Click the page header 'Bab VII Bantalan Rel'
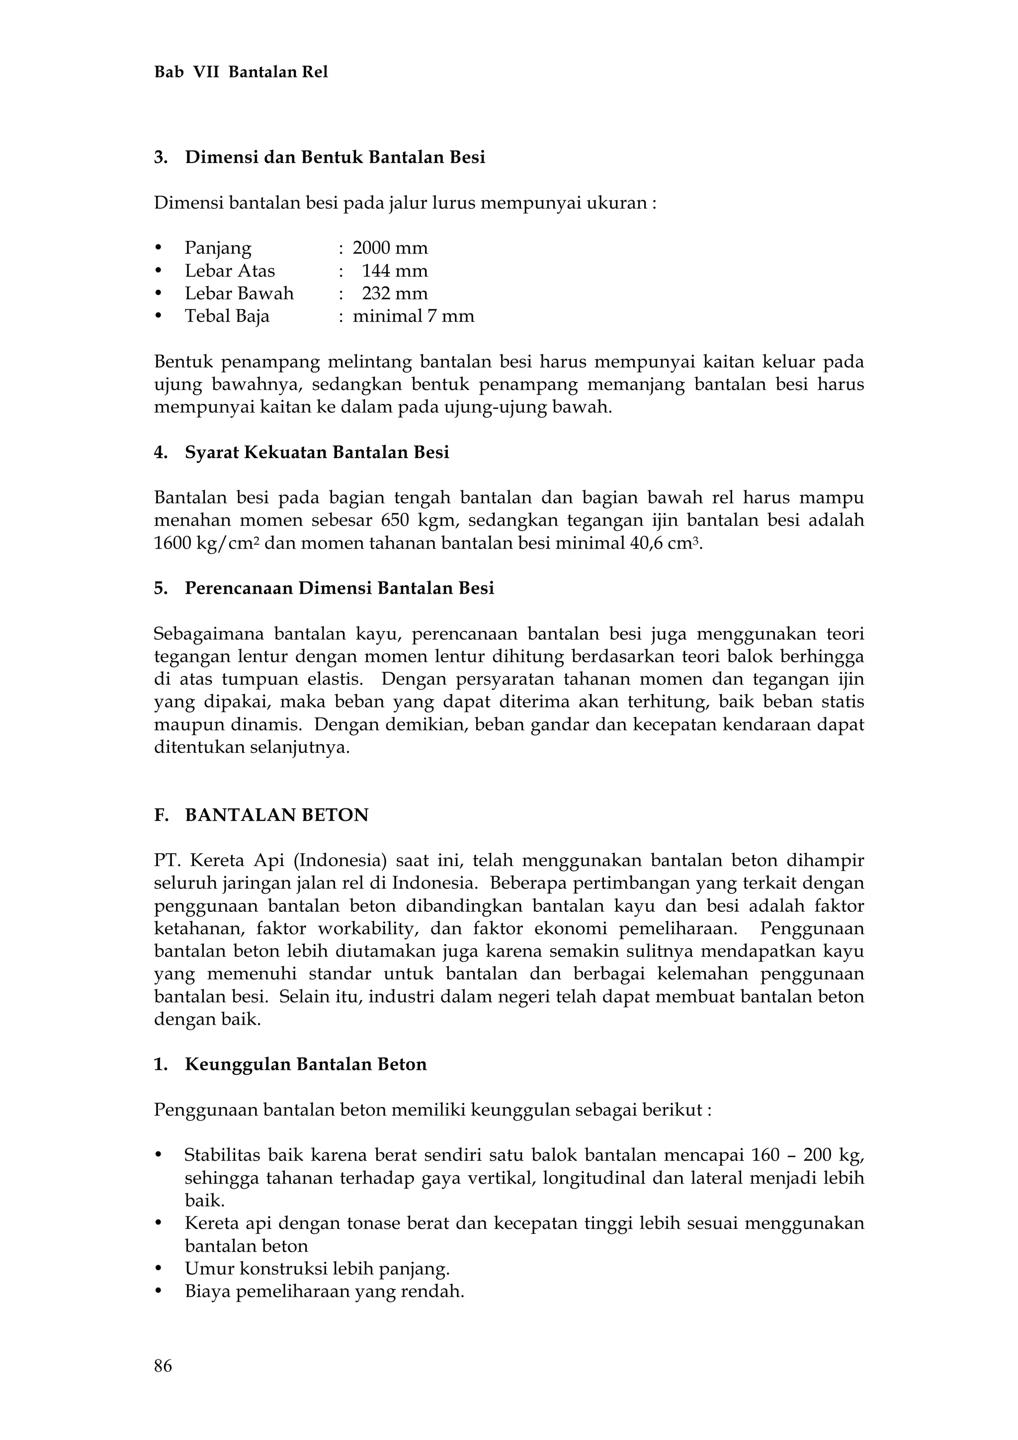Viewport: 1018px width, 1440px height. point(241,73)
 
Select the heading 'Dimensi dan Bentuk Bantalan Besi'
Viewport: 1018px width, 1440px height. point(335,158)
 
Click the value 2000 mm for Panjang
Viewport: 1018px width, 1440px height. point(390,248)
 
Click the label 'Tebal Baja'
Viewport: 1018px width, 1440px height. point(227,316)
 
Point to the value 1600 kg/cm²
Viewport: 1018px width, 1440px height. point(206,543)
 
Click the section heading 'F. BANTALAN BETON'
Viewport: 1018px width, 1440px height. point(261,815)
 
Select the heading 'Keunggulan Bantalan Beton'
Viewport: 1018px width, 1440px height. point(306,1064)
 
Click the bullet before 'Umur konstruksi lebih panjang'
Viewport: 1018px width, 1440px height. point(158,1270)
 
